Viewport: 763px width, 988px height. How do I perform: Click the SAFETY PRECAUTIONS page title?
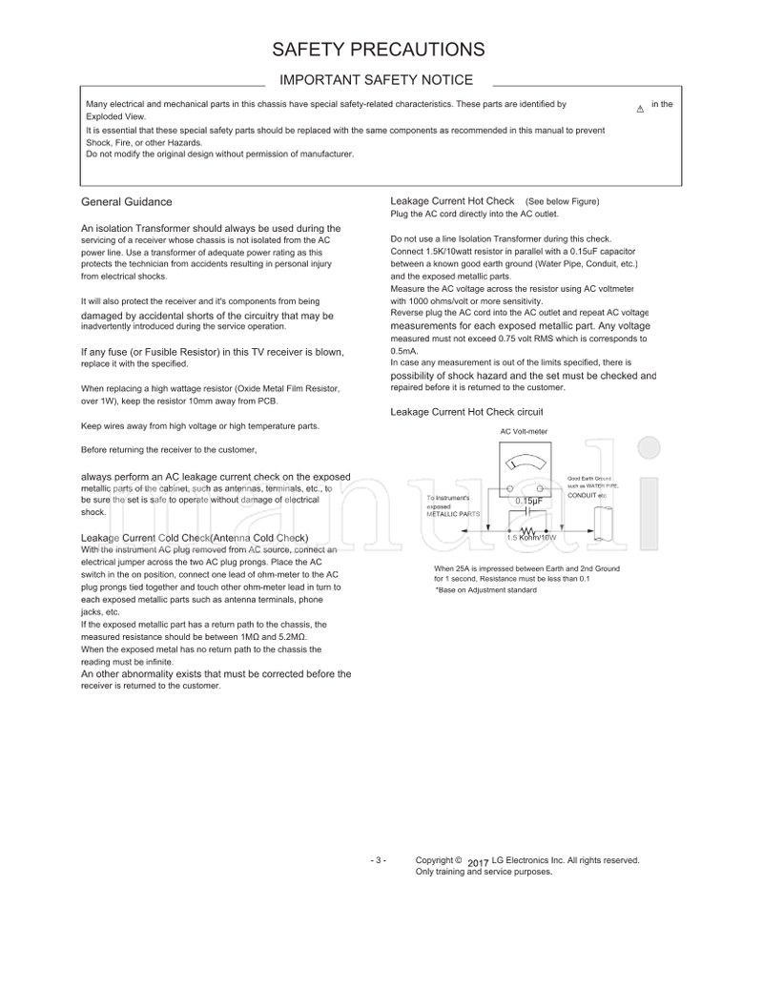379,50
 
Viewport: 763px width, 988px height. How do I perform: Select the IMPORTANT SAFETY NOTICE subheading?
375,81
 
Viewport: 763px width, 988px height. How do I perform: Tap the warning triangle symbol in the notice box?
639,109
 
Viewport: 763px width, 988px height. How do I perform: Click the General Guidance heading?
127,202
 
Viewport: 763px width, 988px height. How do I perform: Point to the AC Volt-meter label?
525,431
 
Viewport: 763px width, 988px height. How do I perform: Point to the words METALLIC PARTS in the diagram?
454,514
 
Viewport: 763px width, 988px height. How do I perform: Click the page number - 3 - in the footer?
378,860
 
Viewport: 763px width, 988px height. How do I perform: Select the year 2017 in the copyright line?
479,862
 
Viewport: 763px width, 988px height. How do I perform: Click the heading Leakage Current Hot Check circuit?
466,412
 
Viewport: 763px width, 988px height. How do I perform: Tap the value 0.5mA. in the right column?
404,351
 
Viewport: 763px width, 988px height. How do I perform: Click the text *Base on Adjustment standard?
485,590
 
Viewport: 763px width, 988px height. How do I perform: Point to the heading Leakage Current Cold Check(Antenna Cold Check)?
194,538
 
